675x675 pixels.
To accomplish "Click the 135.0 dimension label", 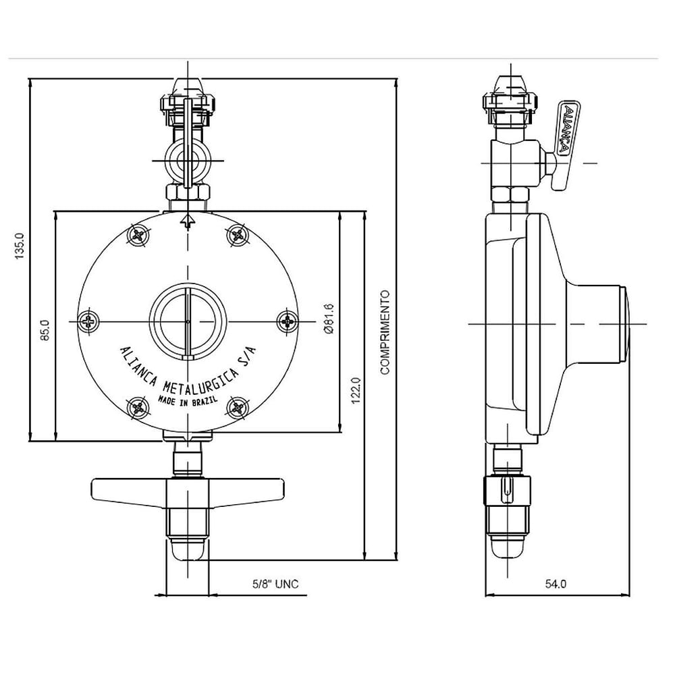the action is click(20, 246).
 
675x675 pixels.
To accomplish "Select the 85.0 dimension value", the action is click(45, 329).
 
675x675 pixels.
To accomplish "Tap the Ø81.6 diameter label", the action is click(329, 319).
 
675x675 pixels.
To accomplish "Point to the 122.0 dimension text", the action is click(356, 390).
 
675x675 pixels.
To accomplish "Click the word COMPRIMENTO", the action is click(385, 332).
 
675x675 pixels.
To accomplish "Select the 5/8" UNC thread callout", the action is click(275, 584).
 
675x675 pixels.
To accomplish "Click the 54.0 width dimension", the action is click(556, 584).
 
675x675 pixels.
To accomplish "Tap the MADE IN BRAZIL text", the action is click(188, 401).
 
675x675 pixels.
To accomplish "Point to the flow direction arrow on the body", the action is click(188, 221).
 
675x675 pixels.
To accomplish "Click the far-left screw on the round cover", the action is click(89, 321).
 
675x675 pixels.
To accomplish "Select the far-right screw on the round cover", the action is click(287, 321).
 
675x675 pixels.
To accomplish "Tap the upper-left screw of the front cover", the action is click(138, 235).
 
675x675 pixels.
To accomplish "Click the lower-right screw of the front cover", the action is click(237, 406).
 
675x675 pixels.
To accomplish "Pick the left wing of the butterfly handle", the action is click(129, 489).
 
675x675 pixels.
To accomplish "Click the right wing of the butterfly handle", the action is click(246, 489).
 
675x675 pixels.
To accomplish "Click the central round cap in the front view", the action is click(188, 321).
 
